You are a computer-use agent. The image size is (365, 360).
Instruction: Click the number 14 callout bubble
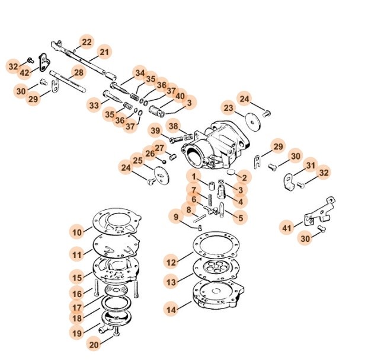click(x=171, y=310)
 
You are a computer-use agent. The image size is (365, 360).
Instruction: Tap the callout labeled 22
click(x=87, y=42)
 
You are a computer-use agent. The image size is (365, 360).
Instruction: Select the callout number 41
click(x=287, y=227)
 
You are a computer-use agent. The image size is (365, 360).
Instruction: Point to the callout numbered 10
click(x=78, y=231)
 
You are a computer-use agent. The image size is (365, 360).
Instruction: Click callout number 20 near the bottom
click(x=94, y=344)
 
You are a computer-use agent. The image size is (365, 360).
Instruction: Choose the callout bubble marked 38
click(x=173, y=126)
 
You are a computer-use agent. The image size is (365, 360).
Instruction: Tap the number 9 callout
click(x=176, y=216)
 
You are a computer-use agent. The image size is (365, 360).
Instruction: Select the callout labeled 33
click(x=94, y=106)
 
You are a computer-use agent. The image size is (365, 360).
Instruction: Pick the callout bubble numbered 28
click(x=78, y=74)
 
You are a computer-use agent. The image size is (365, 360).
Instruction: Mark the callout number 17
click(x=78, y=308)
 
